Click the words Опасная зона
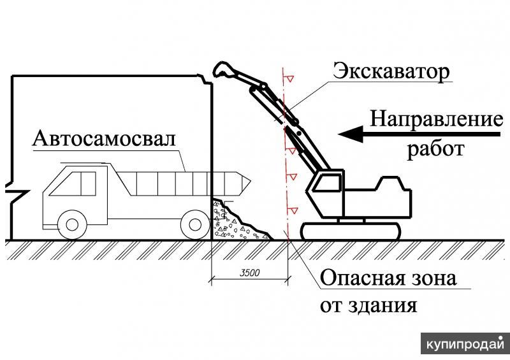[x=390, y=278]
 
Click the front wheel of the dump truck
[x=71, y=224]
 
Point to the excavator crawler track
[x=351, y=231]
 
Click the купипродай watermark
[x=462, y=345]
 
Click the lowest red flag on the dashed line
[x=294, y=210]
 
